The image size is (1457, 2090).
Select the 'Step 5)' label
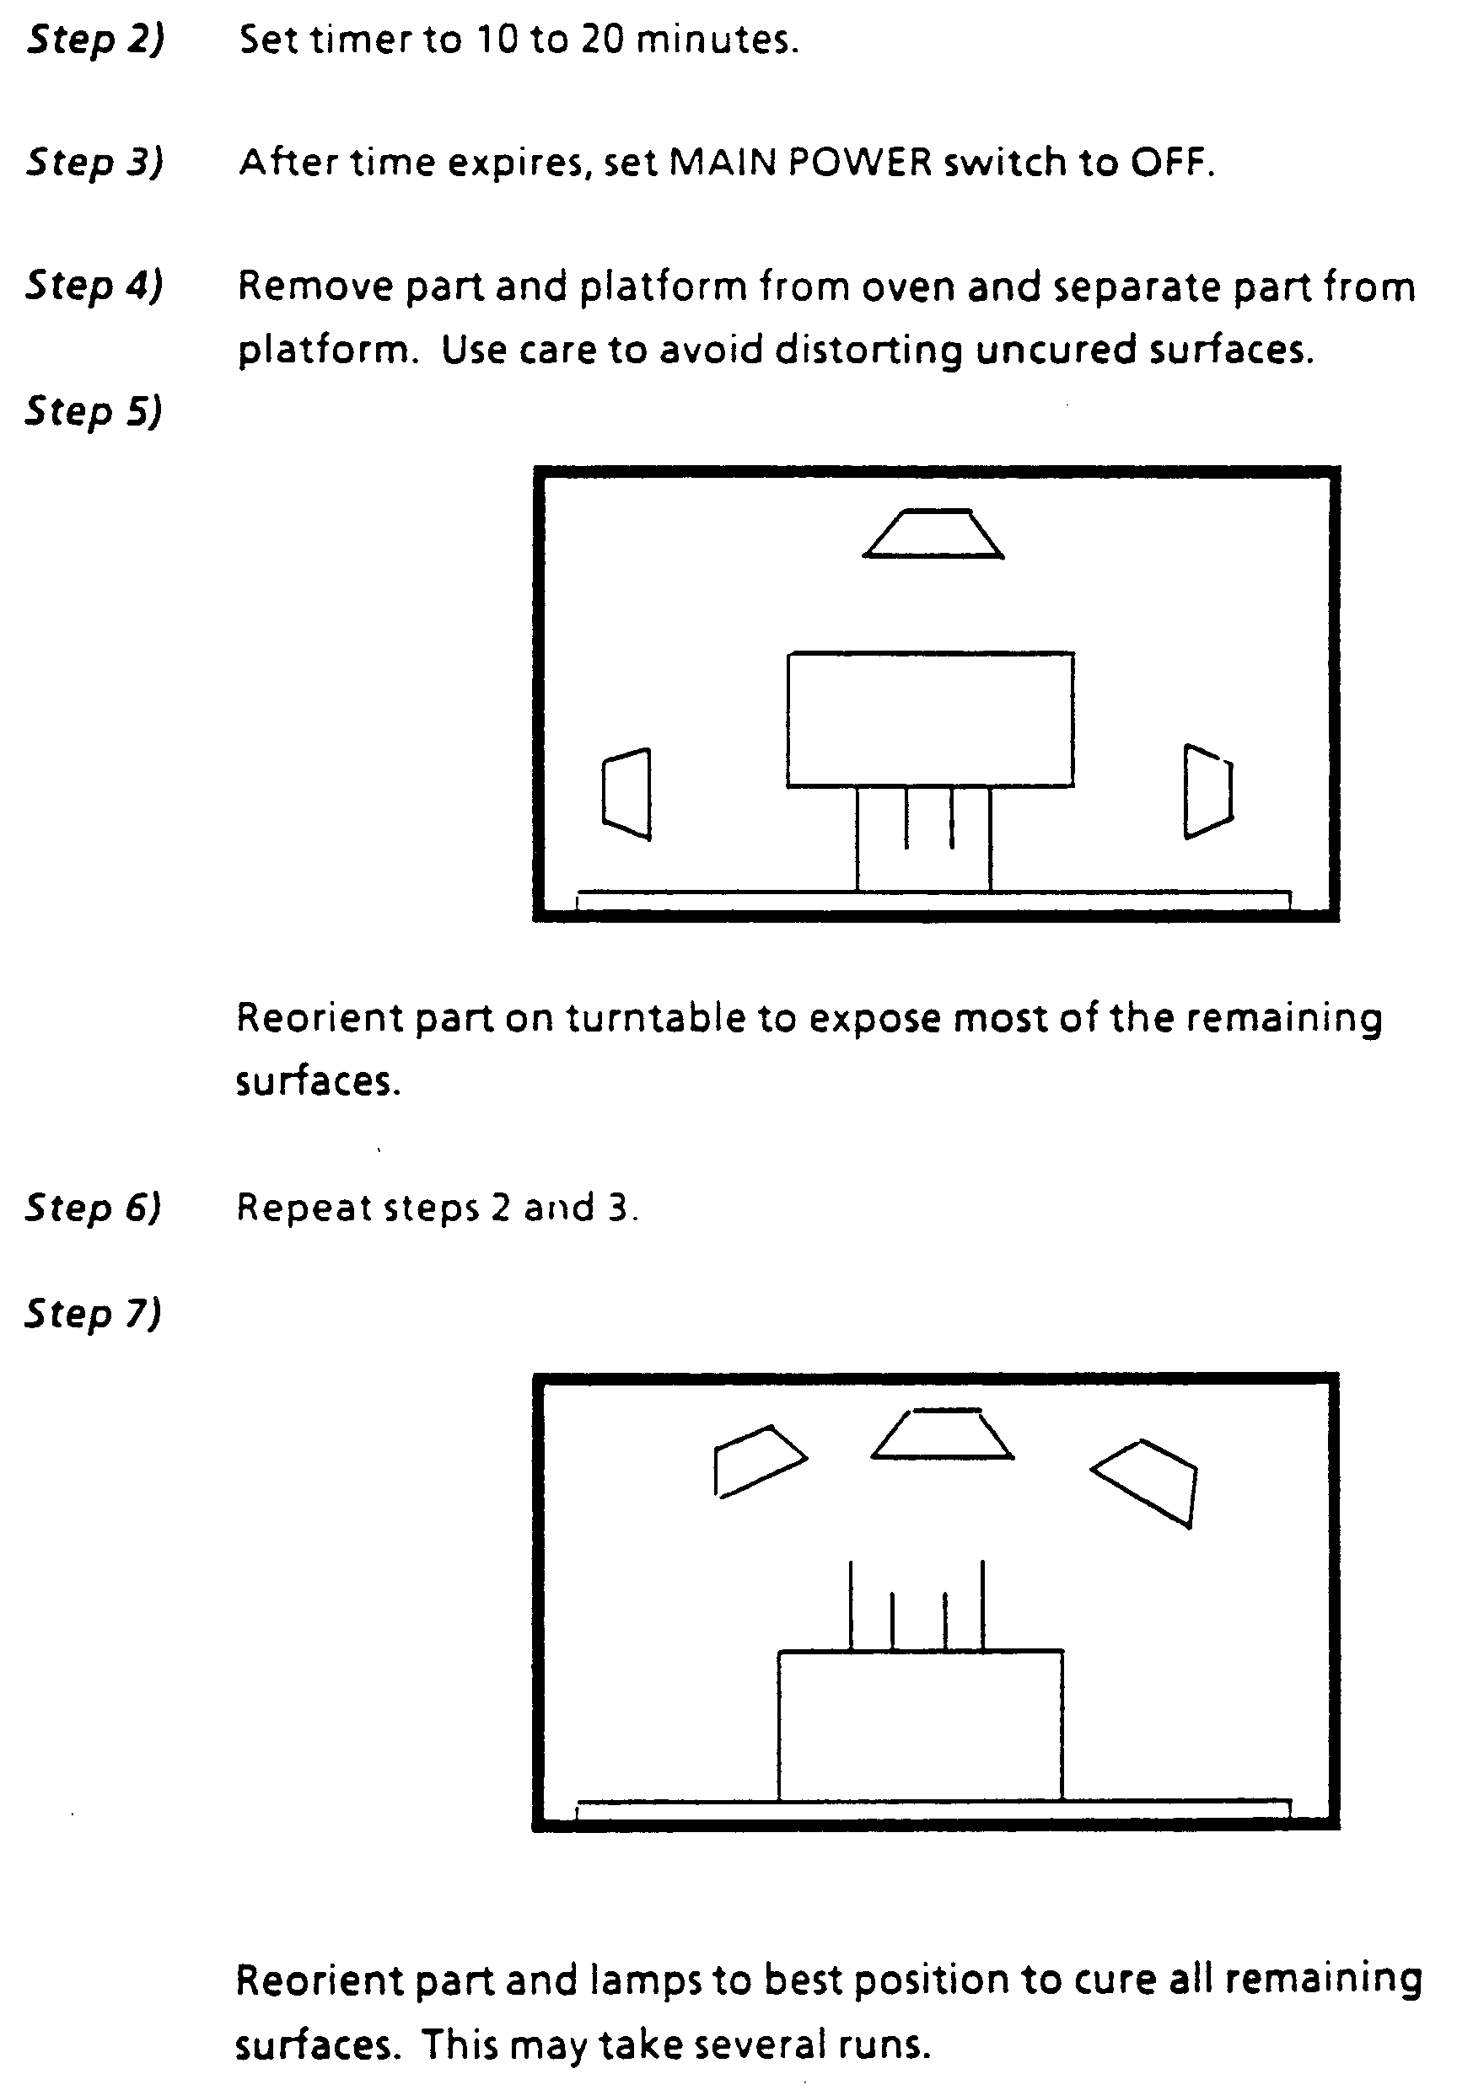click(94, 411)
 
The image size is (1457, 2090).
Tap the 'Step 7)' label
click(93, 1315)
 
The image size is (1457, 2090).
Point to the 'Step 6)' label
click(93, 1208)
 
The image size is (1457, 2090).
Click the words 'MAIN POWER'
click(800, 162)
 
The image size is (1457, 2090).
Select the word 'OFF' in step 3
click(1171, 162)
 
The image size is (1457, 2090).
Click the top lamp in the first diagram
click(933, 533)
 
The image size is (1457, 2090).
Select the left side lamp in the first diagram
click(626, 794)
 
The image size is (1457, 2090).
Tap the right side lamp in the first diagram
click(1208, 791)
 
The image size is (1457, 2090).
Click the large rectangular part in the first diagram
click(931, 719)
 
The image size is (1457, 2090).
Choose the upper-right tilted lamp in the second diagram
click(1145, 1483)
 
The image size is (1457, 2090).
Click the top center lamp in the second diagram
click(943, 1434)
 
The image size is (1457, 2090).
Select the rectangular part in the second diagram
click(921, 1724)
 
